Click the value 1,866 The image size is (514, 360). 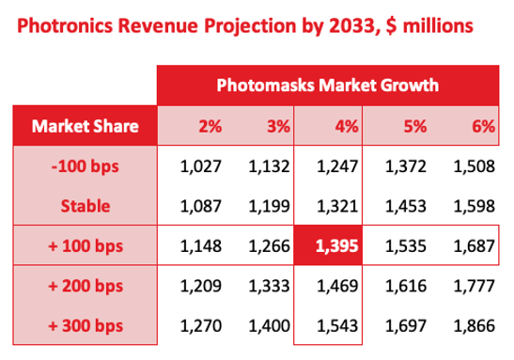pyautogui.click(x=475, y=326)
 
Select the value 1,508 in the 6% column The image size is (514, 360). pyautogui.click(x=475, y=167)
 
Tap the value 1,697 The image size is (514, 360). pyautogui.click(x=406, y=326)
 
